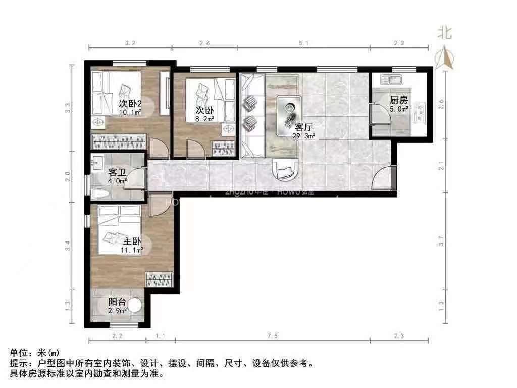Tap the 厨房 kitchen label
[398, 100]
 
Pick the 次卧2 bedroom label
[130, 103]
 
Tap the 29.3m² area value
[304, 135]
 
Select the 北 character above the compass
[444, 33]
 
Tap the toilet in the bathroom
[101, 193]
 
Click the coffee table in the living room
[289, 112]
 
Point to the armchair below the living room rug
[285, 169]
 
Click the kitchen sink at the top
[389, 79]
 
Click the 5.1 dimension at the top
[303, 44]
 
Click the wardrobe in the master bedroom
[159, 279]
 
